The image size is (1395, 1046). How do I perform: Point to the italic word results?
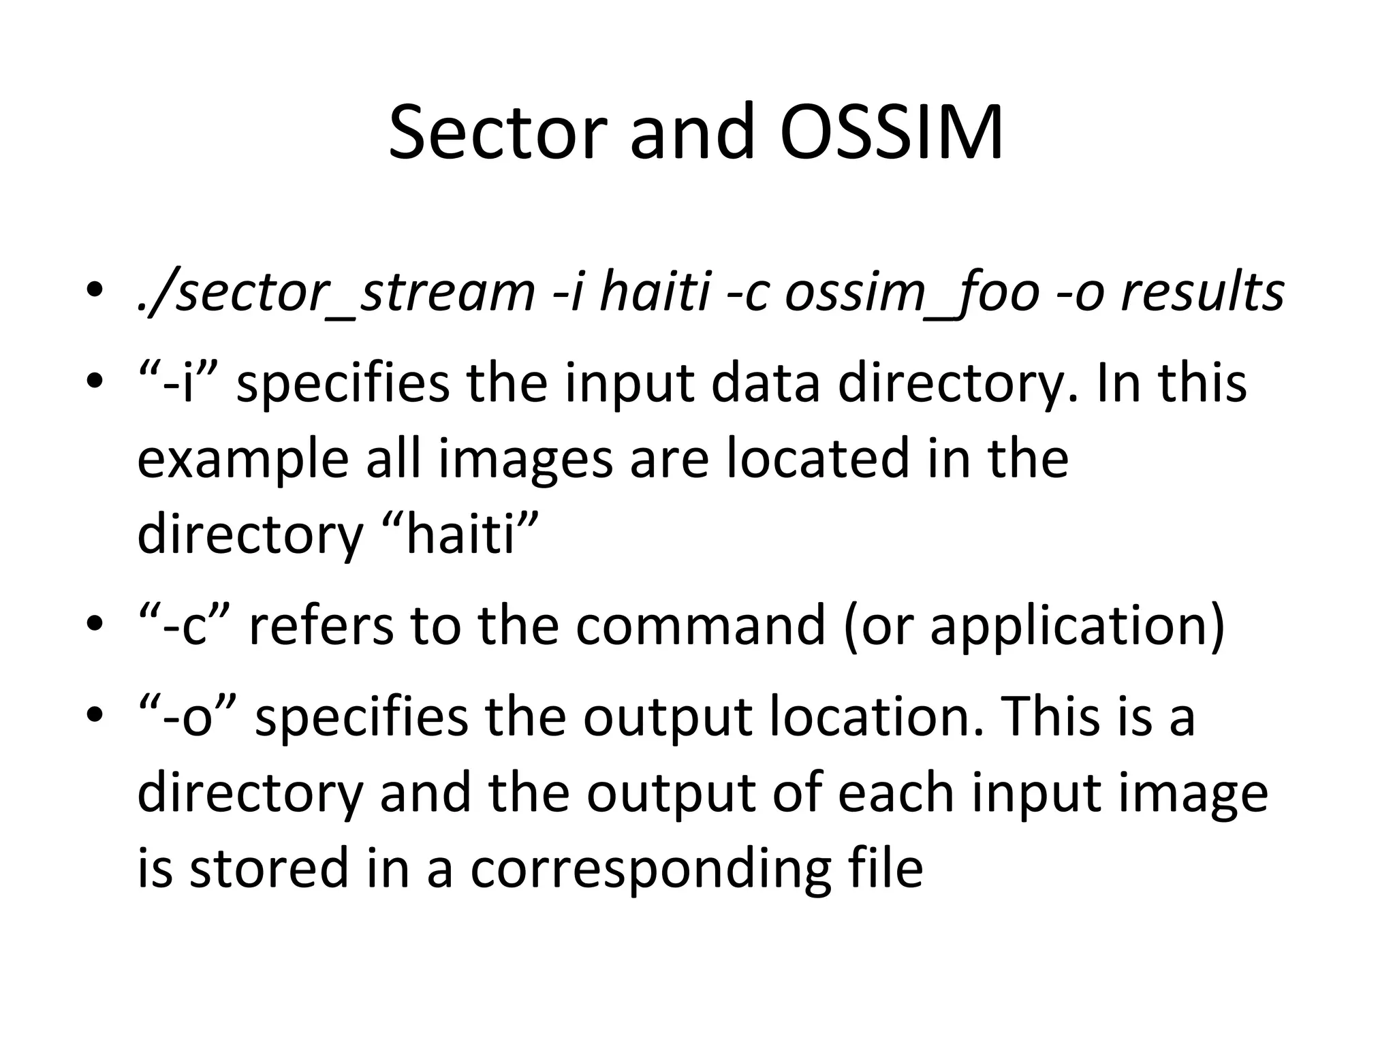(1202, 293)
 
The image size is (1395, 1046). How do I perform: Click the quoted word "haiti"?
(457, 534)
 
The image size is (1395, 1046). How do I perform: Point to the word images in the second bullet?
(525, 459)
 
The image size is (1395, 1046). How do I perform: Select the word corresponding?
(651, 869)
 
